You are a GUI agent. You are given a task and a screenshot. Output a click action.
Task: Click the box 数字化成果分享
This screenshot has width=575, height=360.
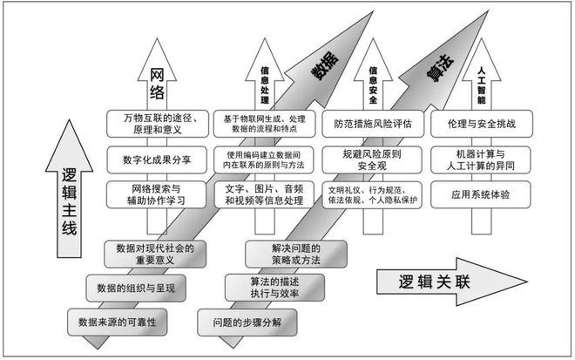[157, 160]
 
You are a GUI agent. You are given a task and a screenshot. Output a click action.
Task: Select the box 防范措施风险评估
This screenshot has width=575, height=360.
[373, 124]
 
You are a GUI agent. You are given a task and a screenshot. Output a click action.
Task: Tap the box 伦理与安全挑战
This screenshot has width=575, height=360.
[482, 124]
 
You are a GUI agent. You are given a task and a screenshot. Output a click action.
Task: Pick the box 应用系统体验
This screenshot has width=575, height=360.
[480, 194]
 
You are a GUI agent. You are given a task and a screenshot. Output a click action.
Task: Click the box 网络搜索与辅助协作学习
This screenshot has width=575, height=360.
[156, 194]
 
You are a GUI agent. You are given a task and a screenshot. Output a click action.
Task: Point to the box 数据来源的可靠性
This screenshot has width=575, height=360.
[118, 323]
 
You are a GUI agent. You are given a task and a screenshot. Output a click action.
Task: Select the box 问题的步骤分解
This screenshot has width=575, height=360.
[247, 323]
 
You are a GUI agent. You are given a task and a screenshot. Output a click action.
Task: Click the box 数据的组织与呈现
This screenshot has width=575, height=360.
[136, 288]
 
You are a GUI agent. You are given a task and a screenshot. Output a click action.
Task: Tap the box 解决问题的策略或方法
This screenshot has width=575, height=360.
[296, 254]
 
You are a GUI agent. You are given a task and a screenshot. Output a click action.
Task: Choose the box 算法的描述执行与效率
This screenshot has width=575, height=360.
[274, 288]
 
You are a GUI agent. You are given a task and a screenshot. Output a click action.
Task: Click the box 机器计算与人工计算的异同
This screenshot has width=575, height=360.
[480, 160]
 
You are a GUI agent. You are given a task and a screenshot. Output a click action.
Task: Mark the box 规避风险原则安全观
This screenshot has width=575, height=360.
[372, 160]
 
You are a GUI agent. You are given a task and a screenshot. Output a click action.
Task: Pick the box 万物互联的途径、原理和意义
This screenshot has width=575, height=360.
[158, 124]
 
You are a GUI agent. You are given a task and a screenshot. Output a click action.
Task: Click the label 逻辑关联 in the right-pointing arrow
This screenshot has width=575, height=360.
[434, 282]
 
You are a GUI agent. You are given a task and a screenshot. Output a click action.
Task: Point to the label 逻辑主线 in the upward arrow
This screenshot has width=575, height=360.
[70, 201]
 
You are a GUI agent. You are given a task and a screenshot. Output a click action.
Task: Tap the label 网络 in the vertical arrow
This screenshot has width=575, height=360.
[157, 85]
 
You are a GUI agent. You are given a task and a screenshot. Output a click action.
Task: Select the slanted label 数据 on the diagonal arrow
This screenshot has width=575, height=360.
[325, 66]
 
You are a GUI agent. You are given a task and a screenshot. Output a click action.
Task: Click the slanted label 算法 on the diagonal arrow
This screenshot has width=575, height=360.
[441, 68]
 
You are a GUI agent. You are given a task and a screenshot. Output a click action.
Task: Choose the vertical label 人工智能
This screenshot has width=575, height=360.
[481, 85]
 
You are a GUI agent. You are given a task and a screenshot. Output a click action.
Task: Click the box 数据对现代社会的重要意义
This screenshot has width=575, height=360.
[155, 254]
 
